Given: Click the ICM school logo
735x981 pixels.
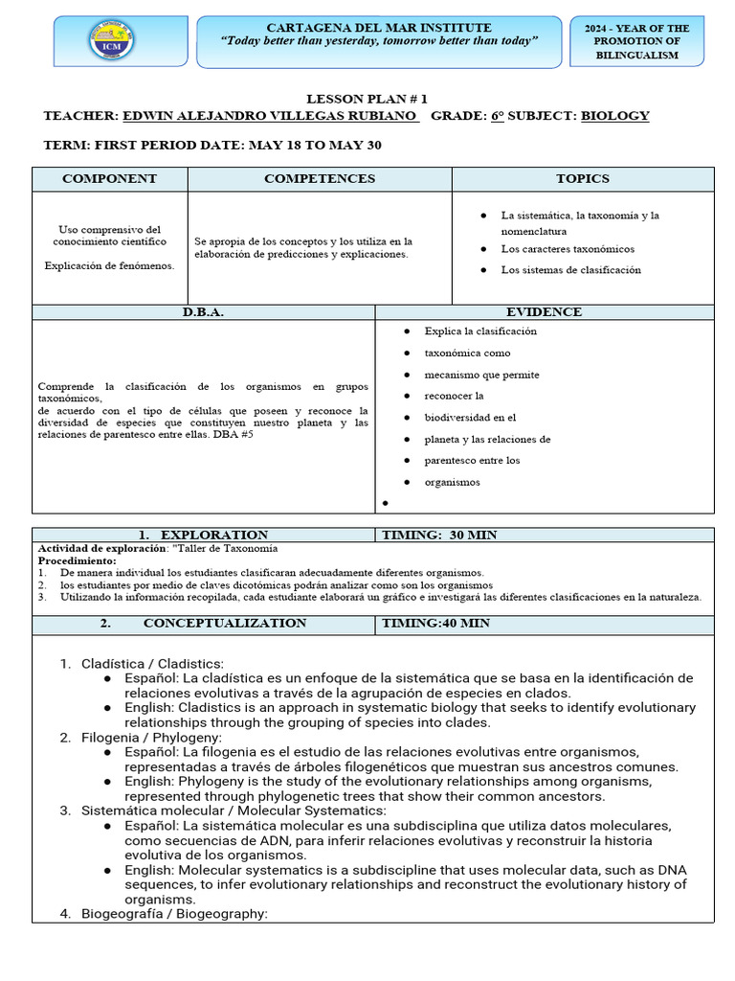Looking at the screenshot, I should click(x=111, y=41).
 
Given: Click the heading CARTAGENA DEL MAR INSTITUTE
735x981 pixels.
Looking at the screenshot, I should click(x=379, y=28).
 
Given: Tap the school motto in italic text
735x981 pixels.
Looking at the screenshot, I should click(x=379, y=42).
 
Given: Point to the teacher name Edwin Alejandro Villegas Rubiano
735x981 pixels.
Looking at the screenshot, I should click(x=270, y=116).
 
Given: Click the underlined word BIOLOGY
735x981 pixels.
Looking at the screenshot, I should click(x=615, y=116).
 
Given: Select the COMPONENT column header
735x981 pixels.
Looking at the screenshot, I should click(x=109, y=179).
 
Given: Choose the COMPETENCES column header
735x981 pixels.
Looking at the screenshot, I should click(x=320, y=179).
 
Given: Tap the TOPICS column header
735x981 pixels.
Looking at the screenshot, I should click(x=582, y=179).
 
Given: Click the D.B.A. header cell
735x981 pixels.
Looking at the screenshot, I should click(x=203, y=312).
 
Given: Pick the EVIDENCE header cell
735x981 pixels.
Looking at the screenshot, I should click(x=544, y=312).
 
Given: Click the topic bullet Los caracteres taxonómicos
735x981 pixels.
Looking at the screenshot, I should click(x=567, y=249).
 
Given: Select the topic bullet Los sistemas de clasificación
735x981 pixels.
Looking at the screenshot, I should click(x=570, y=270).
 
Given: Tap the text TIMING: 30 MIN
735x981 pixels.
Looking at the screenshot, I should click(x=438, y=535).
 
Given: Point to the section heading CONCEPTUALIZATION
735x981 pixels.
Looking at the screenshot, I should click(x=225, y=623).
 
